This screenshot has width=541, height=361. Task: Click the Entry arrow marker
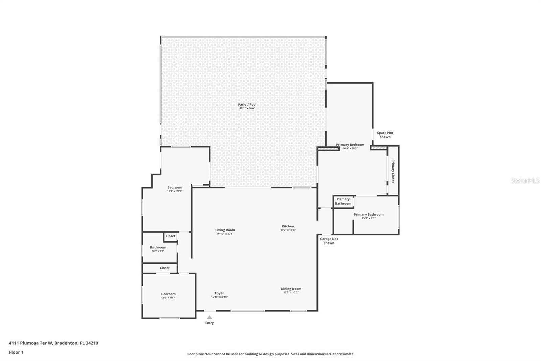click(209, 317)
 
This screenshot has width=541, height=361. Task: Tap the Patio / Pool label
click(247, 105)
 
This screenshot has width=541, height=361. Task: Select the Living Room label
click(225, 230)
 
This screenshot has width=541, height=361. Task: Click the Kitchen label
click(288, 226)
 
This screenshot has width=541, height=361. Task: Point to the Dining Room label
click(291, 289)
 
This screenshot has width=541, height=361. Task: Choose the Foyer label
click(219, 293)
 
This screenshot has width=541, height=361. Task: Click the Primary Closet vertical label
click(393, 171)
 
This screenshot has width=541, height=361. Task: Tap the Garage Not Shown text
click(329, 241)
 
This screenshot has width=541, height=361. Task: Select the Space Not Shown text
click(385, 135)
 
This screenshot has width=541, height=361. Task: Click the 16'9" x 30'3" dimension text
click(350, 148)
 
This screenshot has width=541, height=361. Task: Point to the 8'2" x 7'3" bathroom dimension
click(158, 251)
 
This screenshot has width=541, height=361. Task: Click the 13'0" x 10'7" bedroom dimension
click(168, 298)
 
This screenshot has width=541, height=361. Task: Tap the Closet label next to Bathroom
click(170, 236)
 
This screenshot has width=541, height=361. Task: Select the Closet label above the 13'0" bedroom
click(165, 268)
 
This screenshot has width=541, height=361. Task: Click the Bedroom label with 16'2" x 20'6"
click(174, 187)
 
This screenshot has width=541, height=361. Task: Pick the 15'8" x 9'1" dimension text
click(369, 218)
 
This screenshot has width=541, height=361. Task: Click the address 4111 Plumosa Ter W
click(53, 343)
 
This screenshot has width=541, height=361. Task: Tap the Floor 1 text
click(16, 352)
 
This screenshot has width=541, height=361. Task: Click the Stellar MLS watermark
click(525, 181)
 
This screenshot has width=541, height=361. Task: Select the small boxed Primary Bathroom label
click(343, 201)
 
